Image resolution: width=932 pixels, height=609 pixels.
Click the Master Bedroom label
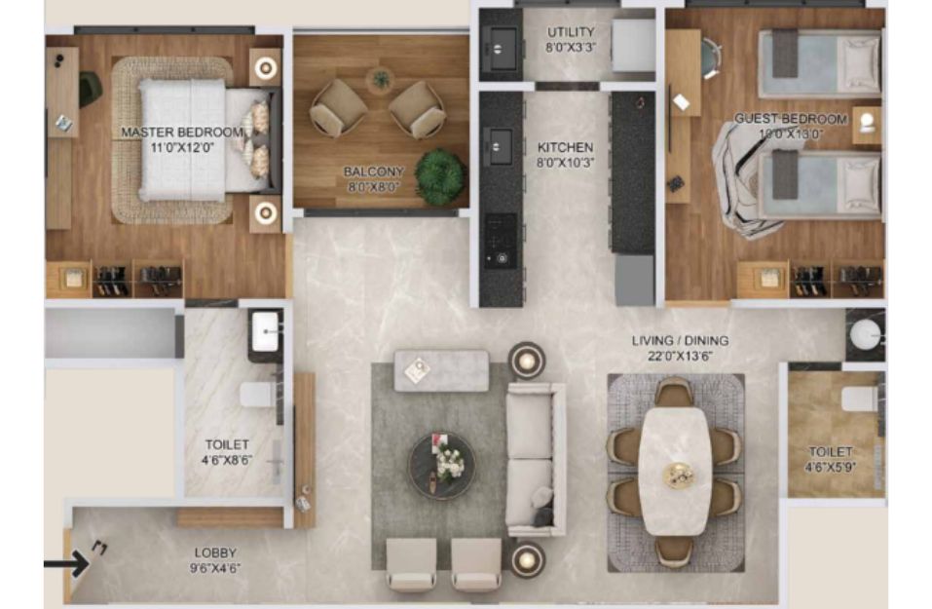(x=182, y=132)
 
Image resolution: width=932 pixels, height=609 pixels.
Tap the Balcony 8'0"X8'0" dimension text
(x=374, y=187)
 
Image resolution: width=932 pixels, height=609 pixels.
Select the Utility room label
(x=571, y=32)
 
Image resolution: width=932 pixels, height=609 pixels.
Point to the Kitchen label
(x=565, y=147)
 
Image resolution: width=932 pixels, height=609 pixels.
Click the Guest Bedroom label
(x=791, y=118)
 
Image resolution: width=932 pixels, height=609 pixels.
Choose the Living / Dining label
(x=680, y=341)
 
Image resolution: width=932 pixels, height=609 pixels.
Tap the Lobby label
(x=215, y=553)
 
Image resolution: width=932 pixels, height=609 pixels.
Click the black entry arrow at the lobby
(x=66, y=564)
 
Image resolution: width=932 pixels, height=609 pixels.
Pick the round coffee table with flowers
(x=441, y=466)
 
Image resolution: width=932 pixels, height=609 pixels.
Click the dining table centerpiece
(x=679, y=476)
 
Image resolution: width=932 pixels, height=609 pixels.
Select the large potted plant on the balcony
(x=440, y=177)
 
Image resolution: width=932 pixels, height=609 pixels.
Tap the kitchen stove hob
(x=500, y=241)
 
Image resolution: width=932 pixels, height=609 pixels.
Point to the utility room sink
(x=501, y=48)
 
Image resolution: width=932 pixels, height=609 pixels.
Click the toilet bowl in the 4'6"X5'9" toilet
(x=860, y=399)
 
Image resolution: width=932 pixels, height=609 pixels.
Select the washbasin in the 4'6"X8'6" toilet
(x=265, y=331)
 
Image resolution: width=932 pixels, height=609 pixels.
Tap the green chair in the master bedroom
(x=90, y=90)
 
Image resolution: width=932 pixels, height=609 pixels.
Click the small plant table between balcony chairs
(x=381, y=79)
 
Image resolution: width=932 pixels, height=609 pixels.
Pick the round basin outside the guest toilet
(x=864, y=333)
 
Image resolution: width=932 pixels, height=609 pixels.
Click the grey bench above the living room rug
(x=441, y=370)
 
